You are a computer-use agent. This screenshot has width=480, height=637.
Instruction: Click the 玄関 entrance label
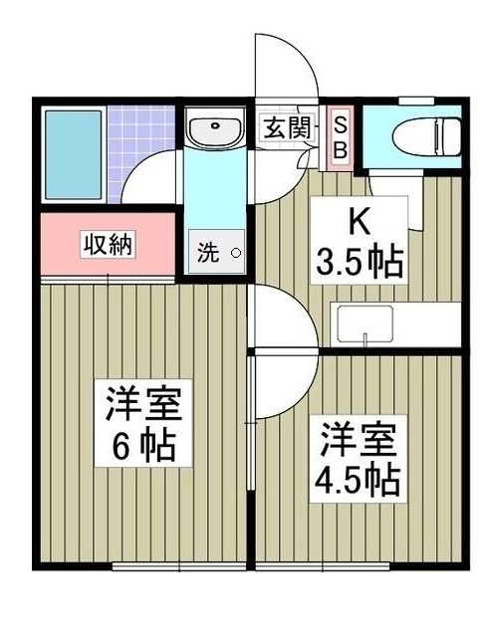(x=288, y=126)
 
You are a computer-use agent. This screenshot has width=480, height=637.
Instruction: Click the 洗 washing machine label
(x=206, y=253)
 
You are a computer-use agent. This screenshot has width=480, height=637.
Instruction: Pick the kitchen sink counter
(x=367, y=324)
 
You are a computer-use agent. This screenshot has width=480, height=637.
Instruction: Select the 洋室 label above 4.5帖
(x=359, y=439)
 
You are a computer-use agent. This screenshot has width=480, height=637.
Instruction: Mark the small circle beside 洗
(x=236, y=253)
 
